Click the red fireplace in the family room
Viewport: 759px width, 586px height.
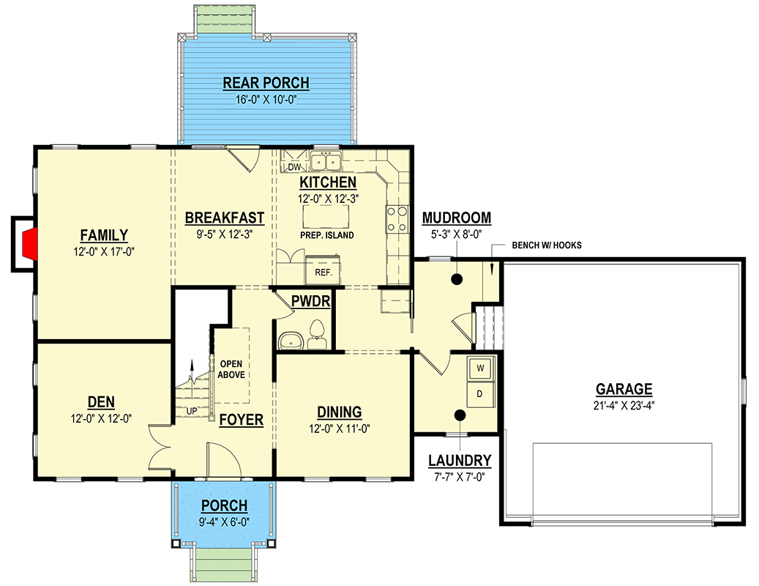pos(29,244)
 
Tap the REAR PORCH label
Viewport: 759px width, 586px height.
pos(266,83)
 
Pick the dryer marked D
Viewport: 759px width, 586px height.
pos(480,394)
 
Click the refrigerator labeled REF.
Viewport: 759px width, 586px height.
pos(323,270)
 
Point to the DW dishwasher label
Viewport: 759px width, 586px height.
pos(294,167)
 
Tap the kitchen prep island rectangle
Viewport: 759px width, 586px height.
pos(326,217)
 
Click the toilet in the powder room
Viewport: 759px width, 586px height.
pos(317,335)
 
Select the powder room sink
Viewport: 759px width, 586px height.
pos(291,340)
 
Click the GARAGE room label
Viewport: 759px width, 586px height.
pos(624,389)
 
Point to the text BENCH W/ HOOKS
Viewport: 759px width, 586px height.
pos(547,245)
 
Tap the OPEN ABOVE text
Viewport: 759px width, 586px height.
pos(231,369)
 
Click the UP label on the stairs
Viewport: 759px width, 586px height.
pos(192,411)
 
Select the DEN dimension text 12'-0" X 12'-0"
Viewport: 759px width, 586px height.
pos(101,418)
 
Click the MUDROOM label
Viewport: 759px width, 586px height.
pos(457,218)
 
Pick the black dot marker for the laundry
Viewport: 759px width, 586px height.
pos(460,415)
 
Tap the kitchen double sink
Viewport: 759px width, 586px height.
pos(326,161)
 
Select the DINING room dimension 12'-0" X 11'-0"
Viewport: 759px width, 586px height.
pos(340,429)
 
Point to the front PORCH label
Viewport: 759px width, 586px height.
pos(224,505)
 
